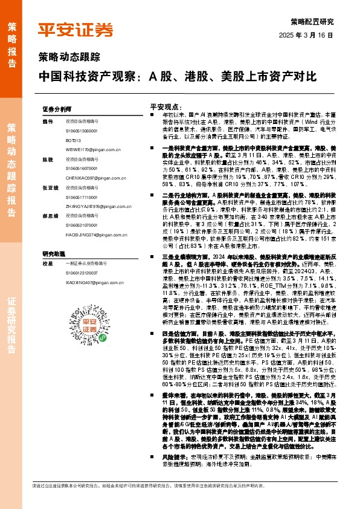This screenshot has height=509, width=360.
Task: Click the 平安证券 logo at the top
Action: coord(76,30)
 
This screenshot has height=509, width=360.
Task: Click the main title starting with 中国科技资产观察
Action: coord(177,77)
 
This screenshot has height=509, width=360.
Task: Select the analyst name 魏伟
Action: coord(48,122)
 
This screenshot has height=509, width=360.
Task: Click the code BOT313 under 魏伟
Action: coord(74,139)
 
